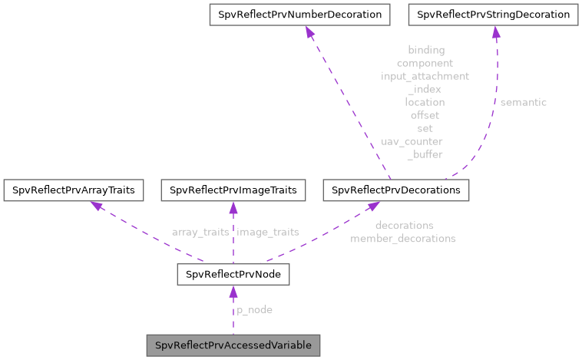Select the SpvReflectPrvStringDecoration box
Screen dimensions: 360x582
point(493,15)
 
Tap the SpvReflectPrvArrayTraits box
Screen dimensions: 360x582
point(73,190)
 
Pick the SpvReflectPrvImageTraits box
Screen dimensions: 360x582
point(233,190)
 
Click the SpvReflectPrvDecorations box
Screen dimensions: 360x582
point(396,190)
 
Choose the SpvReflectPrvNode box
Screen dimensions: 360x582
point(233,274)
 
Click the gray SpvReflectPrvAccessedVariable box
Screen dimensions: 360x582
point(233,345)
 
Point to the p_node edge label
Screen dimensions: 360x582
point(253,309)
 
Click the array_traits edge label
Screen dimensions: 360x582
point(200,232)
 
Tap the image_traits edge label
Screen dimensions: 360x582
point(268,232)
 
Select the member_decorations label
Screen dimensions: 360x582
point(403,239)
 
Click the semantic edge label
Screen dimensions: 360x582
point(523,101)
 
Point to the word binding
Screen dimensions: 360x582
point(425,50)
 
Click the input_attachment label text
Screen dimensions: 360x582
point(425,76)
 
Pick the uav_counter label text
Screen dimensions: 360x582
point(412,141)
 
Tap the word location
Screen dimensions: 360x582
point(425,101)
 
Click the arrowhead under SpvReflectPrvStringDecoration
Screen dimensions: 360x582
point(496,32)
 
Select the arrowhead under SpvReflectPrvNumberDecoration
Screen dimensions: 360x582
point(309,32)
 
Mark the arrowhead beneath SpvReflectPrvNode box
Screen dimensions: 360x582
point(233,291)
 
